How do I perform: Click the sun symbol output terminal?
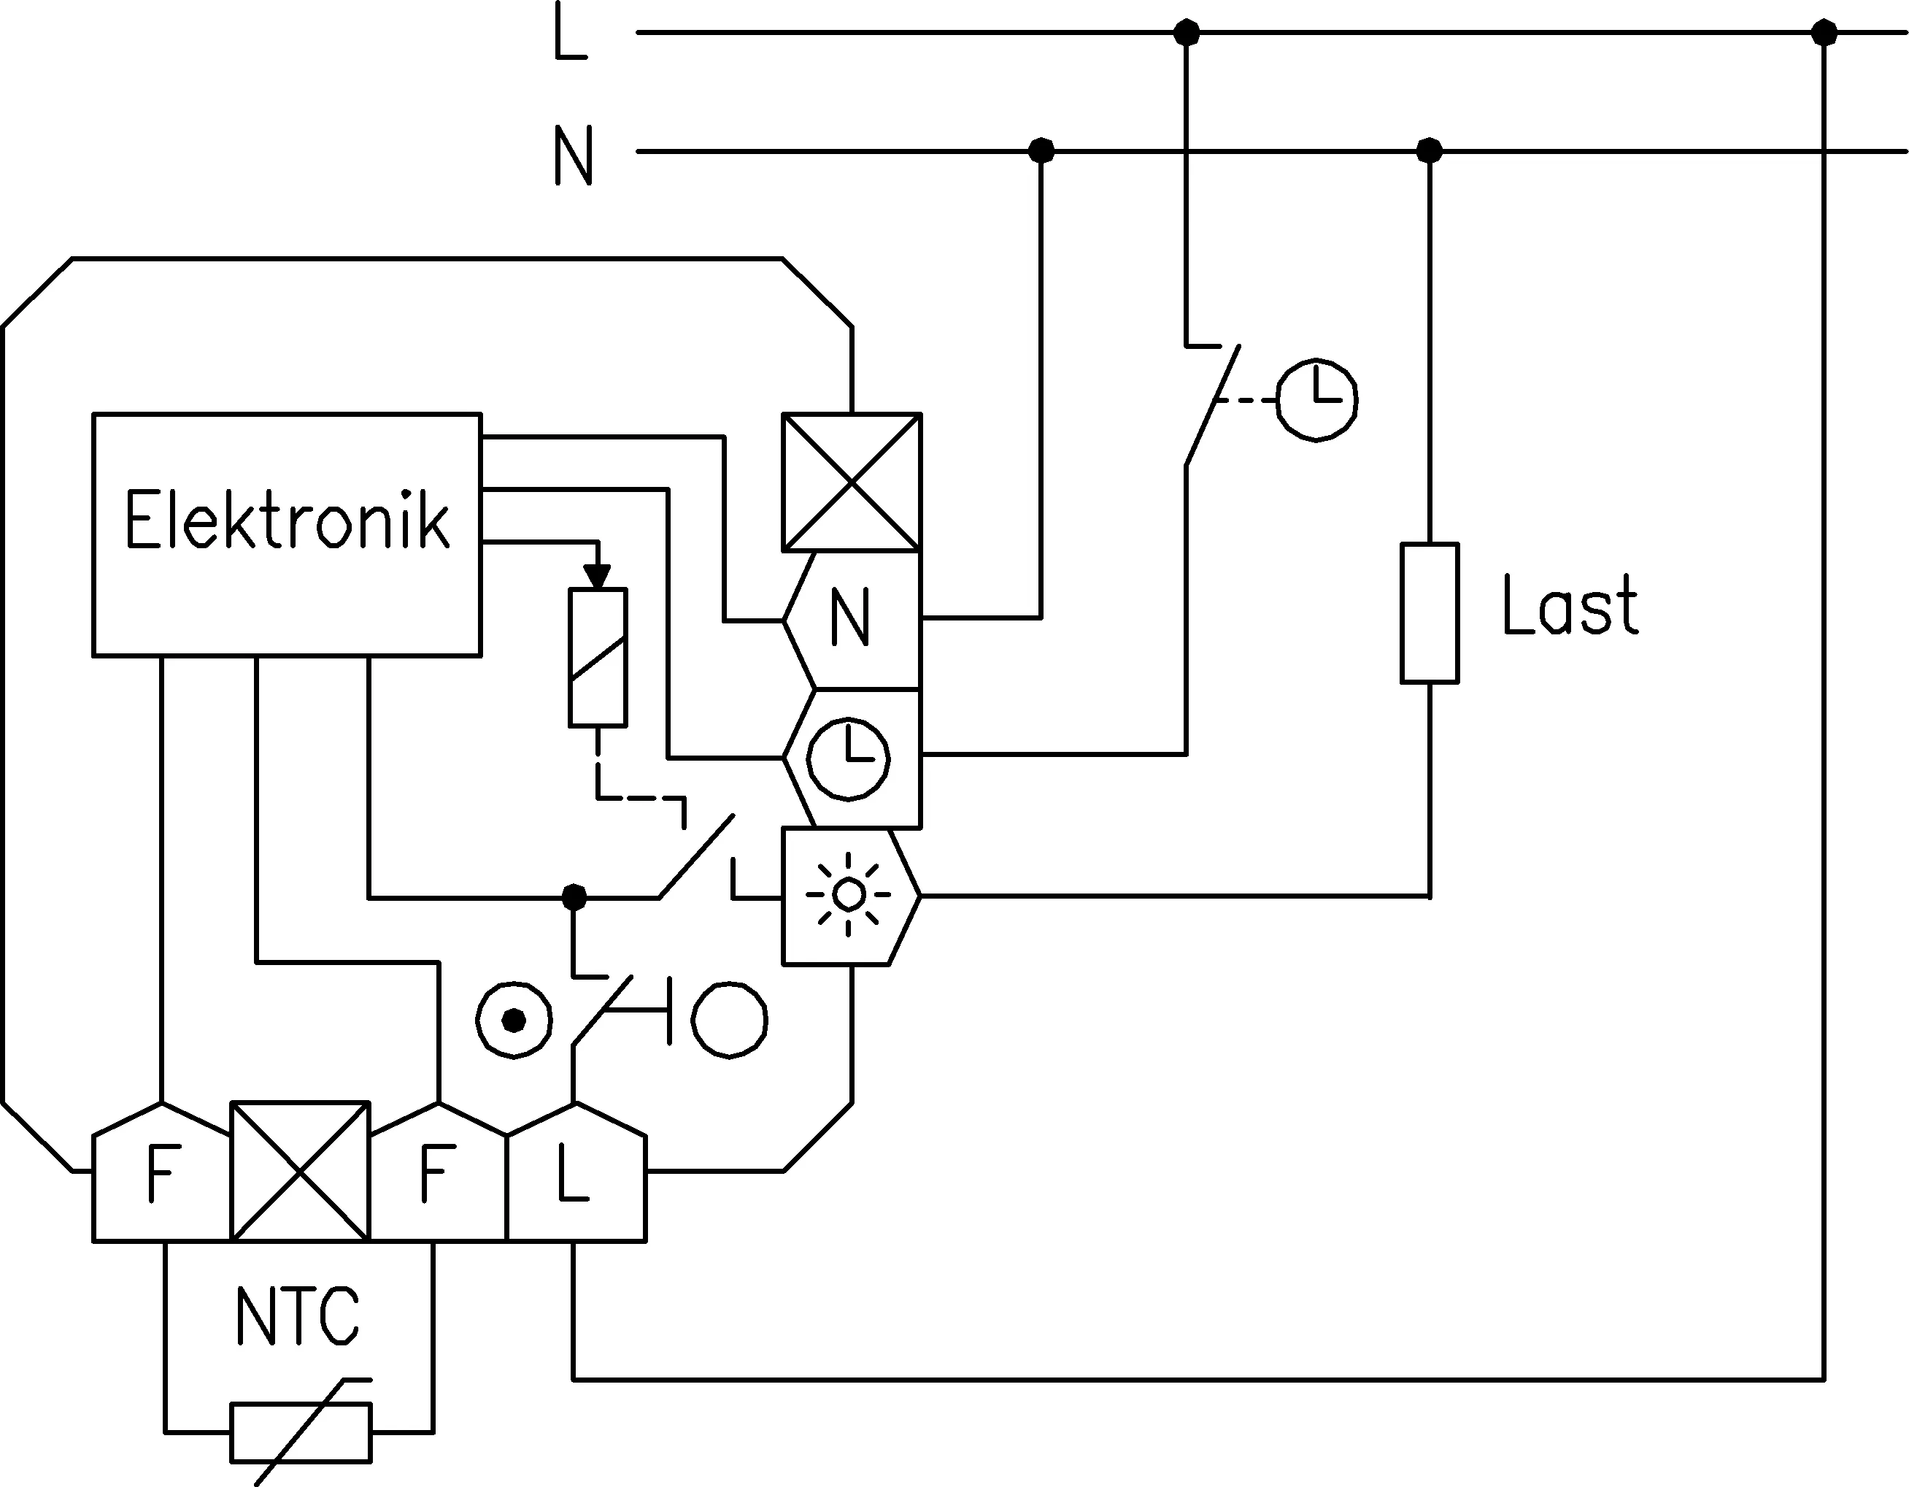(x=849, y=896)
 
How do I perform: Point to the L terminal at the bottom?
(x=576, y=1172)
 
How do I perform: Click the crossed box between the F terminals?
(x=300, y=1172)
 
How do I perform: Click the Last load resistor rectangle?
(x=1429, y=612)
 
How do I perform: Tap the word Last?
(x=1570, y=605)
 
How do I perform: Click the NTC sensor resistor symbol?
(x=301, y=1432)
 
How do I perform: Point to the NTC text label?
(x=298, y=1315)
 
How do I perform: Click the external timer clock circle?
(x=1317, y=399)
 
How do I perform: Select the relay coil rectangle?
(x=598, y=658)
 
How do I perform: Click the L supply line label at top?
(x=571, y=31)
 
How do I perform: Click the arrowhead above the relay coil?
(x=598, y=576)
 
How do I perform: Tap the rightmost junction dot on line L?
(x=1824, y=34)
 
